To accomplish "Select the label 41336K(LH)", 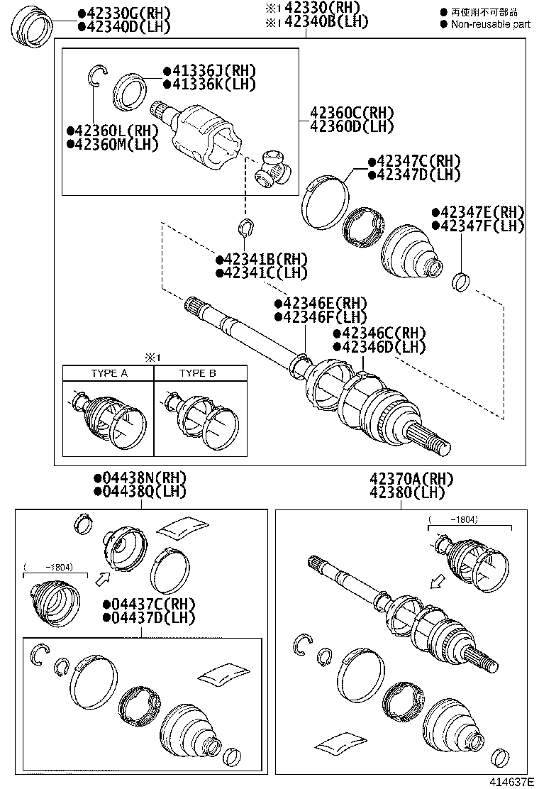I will tap(209, 84).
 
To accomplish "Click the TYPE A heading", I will tap(109, 373).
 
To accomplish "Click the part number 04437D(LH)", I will tap(148, 617).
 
